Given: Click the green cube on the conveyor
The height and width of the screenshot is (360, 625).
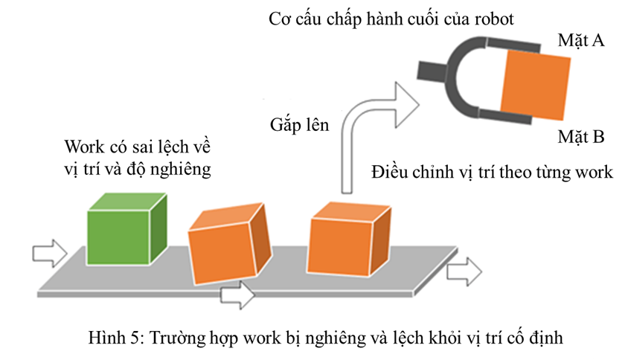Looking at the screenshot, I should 123,231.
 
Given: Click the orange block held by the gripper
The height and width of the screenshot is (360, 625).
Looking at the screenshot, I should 535,83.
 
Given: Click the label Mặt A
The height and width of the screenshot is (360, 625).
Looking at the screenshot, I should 581,41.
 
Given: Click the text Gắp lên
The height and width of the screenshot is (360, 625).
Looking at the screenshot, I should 299,123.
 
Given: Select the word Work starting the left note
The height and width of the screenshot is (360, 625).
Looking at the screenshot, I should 83,145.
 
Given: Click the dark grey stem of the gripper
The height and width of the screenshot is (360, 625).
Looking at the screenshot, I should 432,71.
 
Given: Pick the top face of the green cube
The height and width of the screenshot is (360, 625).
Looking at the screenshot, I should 125,202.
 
